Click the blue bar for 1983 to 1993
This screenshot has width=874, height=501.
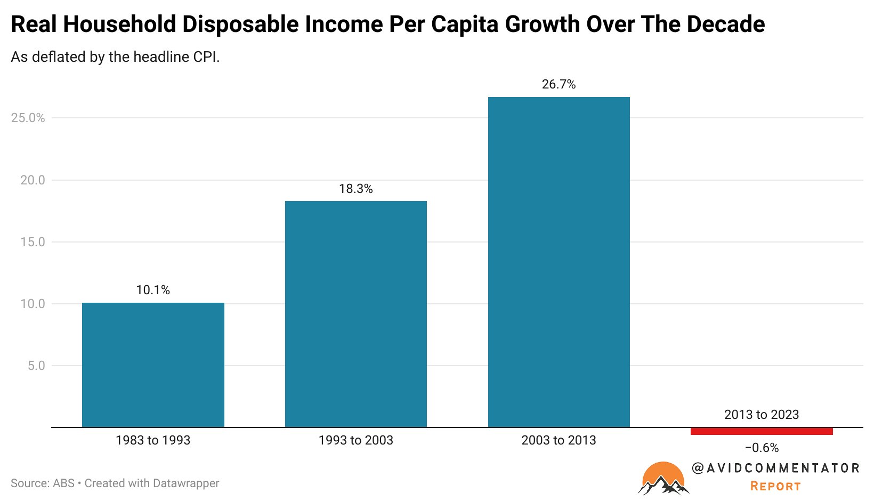point(153,365)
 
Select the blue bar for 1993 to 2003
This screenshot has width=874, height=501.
point(356,314)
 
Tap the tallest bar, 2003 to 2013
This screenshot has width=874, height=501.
point(559,262)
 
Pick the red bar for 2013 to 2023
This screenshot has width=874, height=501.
point(762,431)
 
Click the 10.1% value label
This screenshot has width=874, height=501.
point(153,290)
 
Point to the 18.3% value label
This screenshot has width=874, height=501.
point(356,189)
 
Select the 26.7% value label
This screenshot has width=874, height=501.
point(559,84)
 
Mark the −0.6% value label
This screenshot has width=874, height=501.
point(762,448)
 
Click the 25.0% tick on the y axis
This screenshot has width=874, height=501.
point(28,118)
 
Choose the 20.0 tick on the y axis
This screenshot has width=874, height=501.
point(33,180)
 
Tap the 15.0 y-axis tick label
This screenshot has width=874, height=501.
point(33,242)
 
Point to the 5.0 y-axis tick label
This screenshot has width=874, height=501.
point(36,366)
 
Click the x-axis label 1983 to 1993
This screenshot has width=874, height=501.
point(153,440)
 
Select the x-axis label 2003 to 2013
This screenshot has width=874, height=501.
point(559,440)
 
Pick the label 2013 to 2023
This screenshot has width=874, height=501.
point(762,414)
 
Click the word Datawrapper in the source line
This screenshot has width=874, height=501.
point(186,483)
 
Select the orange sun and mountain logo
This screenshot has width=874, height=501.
point(663,479)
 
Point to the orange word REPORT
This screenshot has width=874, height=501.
point(776,486)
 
